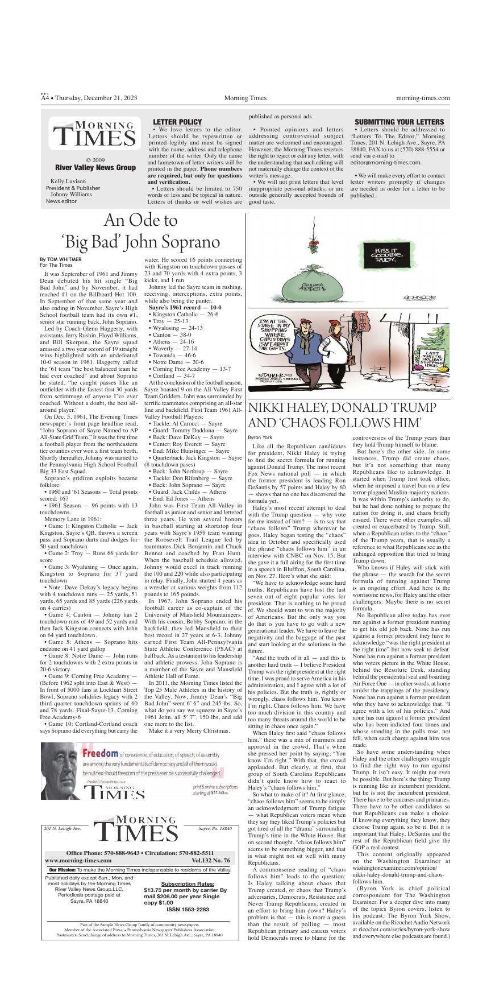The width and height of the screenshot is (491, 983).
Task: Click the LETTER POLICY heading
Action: (x=177, y=122)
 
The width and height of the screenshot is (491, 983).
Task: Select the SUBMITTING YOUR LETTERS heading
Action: (x=399, y=122)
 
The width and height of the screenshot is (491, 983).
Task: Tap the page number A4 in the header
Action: (x=45, y=98)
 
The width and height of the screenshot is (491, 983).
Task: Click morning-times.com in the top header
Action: (x=423, y=98)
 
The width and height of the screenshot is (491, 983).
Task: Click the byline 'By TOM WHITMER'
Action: (x=61, y=259)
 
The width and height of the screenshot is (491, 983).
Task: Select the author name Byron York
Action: (x=260, y=437)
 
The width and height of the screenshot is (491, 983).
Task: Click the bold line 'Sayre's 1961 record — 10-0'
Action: (x=185, y=307)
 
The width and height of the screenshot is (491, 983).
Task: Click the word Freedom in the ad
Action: (x=101, y=753)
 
